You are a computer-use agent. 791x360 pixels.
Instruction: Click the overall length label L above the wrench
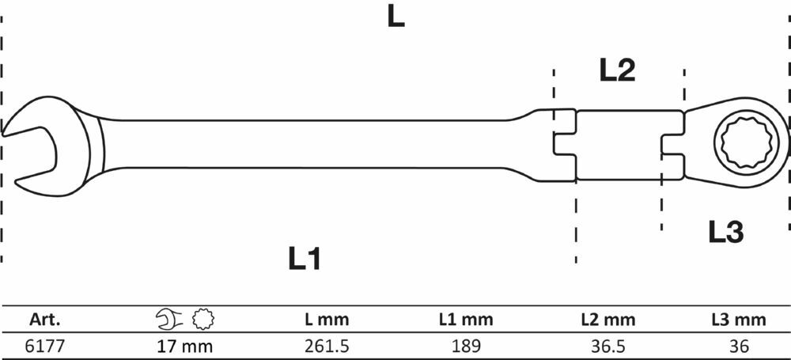[x=396, y=17]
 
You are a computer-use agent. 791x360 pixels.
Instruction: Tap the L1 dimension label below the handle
[x=305, y=258]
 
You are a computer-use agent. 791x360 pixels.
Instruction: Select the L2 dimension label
[x=617, y=70]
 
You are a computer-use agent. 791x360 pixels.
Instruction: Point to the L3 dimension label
[x=726, y=232]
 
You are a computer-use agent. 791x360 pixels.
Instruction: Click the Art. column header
[x=45, y=319]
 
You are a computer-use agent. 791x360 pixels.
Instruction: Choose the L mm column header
[x=327, y=319]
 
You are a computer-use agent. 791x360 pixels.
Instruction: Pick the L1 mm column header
[x=466, y=319]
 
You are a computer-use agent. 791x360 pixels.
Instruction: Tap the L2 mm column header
[x=607, y=319]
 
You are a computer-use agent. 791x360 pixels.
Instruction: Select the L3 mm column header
[x=739, y=319]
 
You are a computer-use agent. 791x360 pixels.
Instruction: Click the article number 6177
[x=44, y=346]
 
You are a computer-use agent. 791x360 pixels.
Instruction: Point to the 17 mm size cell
[x=184, y=346]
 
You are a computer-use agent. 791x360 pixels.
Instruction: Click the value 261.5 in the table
[x=327, y=346]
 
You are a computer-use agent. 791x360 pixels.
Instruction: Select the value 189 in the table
[x=466, y=346]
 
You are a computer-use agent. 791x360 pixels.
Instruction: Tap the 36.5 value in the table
[x=607, y=346]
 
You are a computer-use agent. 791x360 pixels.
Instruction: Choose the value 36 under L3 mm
[x=740, y=346]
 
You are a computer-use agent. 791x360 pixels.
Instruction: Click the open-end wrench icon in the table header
[x=169, y=319]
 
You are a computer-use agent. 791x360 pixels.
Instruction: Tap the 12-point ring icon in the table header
[x=203, y=319]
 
